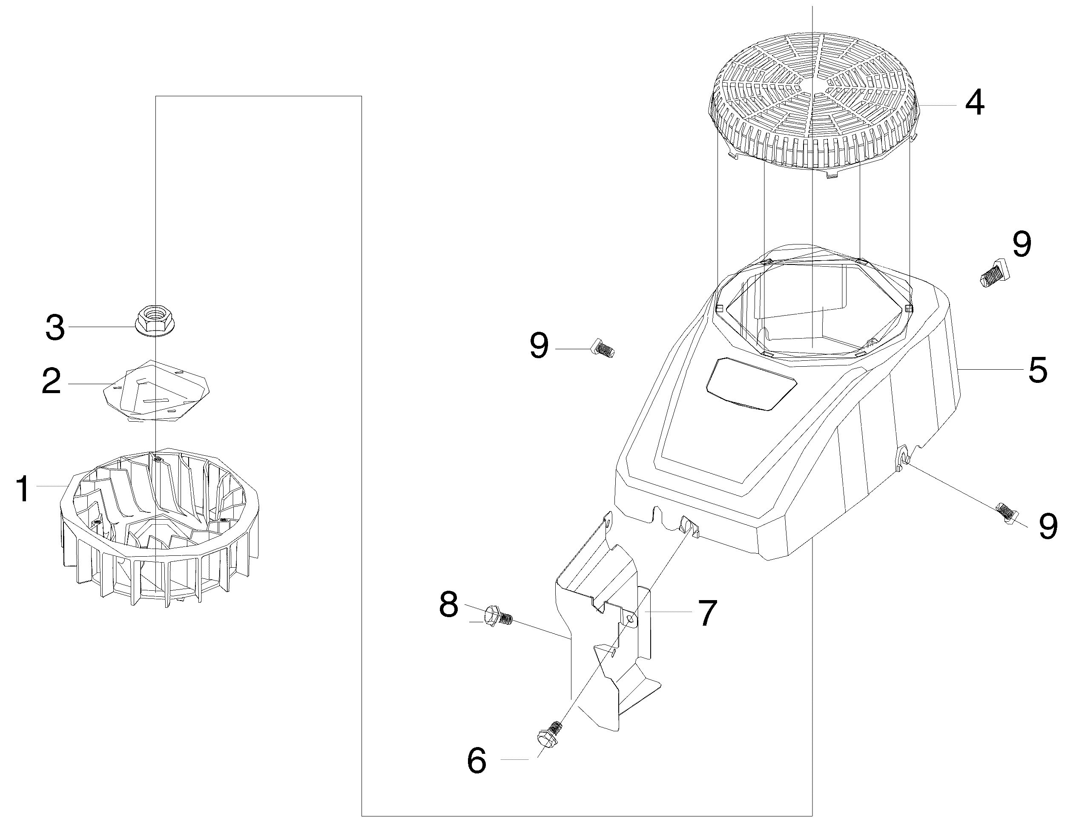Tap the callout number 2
coord(52,382)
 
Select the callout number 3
coord(55,328)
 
